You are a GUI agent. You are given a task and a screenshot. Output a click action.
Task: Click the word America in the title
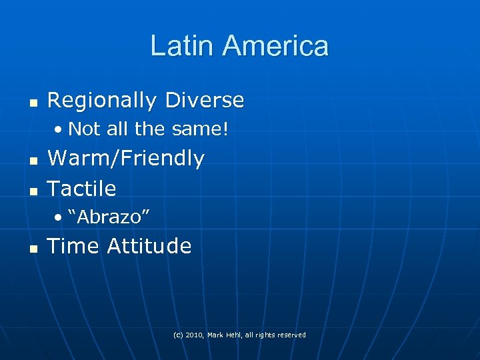[x=275, y=46]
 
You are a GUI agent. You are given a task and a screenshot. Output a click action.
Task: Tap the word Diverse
[x=205, y=101]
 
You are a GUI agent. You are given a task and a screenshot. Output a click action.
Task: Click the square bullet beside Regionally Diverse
[x=33, y=103]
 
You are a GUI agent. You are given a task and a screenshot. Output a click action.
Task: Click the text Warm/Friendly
[x=126, y=159]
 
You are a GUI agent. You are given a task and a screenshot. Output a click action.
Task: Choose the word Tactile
[x=82, y=189]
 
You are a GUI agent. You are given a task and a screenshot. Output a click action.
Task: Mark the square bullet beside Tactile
[x=33, y=191]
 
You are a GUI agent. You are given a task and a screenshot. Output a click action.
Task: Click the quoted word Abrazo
[x=108, y=217]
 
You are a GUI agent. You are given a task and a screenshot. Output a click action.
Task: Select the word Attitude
[x=149, y=247]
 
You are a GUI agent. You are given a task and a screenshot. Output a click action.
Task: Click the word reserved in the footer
[x=291, y=335]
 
